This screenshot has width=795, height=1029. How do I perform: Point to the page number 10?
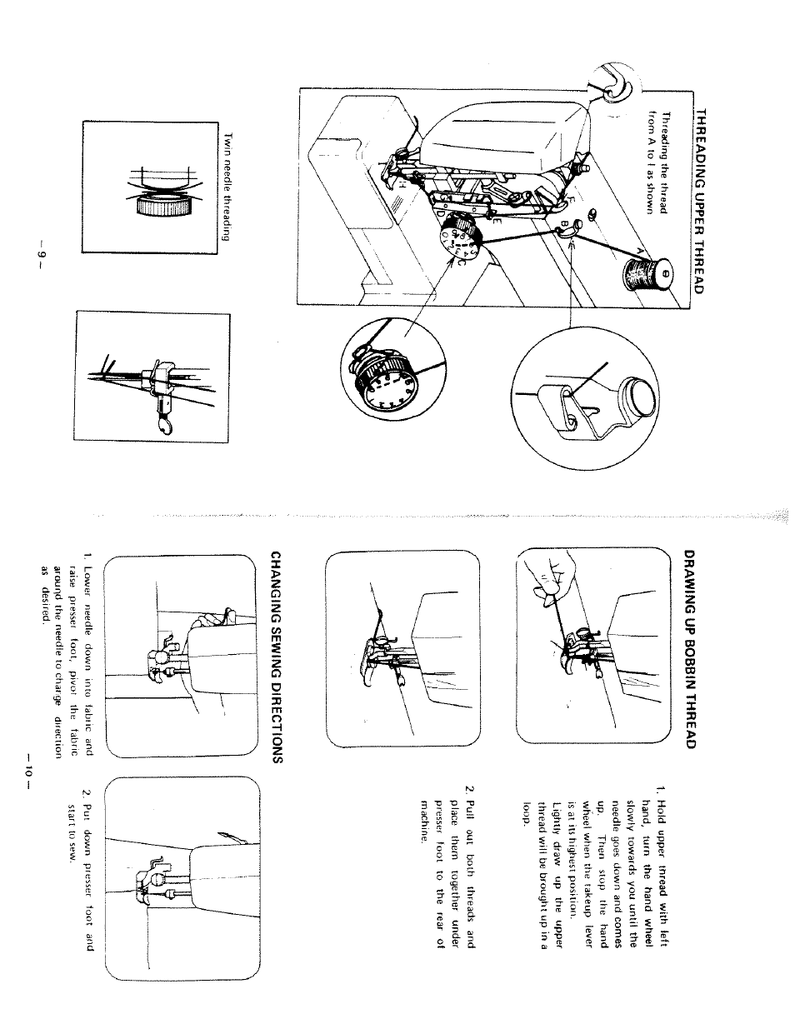coord(27,768)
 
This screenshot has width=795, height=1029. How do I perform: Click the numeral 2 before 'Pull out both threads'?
coord(470,788)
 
